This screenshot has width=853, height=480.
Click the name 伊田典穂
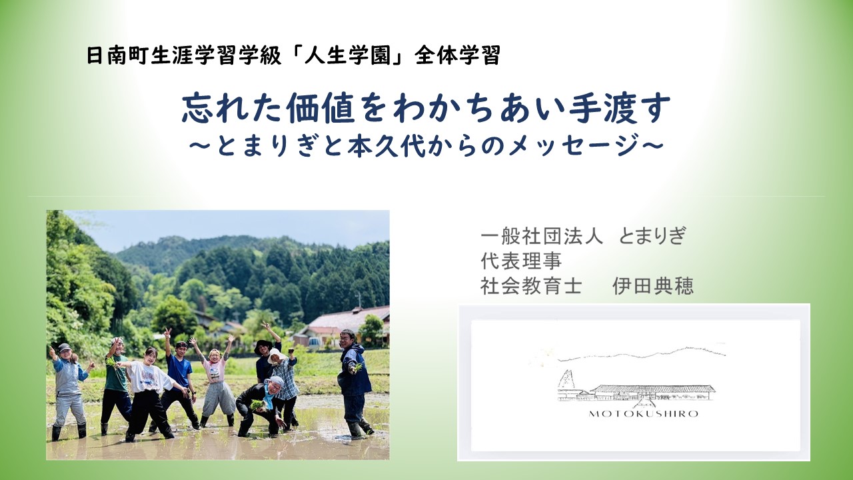pyautogui.click(x=653, y=287)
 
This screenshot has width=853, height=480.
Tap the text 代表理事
pyautogui.click(x=521, y=261)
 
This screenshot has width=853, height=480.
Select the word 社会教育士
pyautogui.click(x=531, y=287)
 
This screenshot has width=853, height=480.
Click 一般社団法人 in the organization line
pyautogui.click(x=542, y=236)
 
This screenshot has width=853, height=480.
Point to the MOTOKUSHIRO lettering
pyautogui.click(x=644, y=414)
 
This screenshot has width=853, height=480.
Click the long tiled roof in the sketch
pyautogui.click(x=653, y=388)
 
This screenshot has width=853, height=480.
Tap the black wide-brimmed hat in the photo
pyautogui.click(x=263, y=345)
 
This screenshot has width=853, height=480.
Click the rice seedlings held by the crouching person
pyautogui.click(x=257, y=405)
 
